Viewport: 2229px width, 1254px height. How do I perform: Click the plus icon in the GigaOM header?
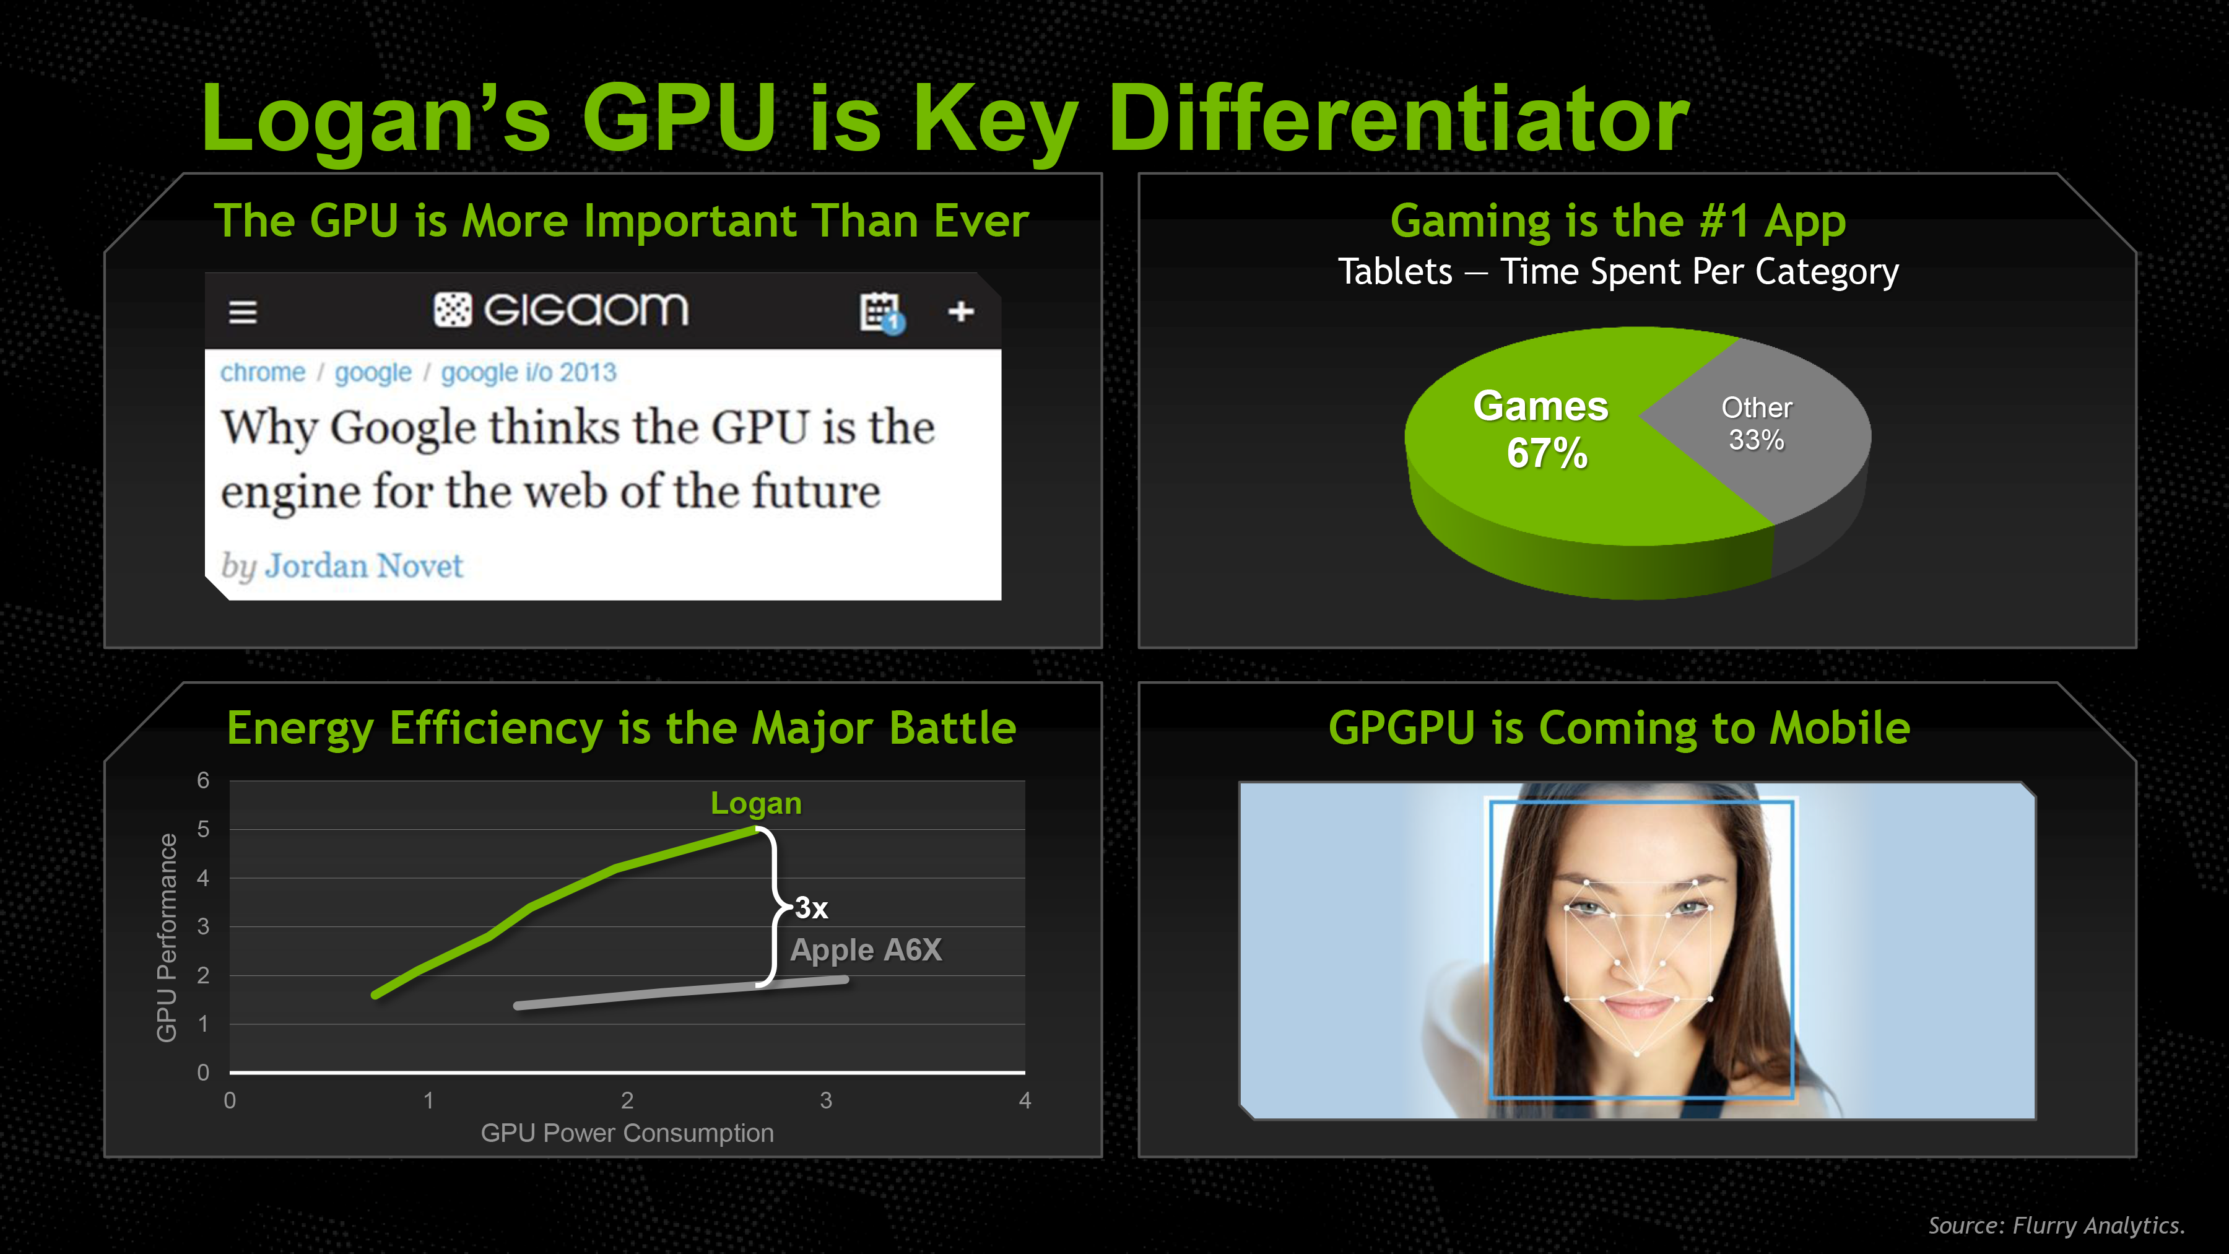pyautogui.click(x=960, y=311)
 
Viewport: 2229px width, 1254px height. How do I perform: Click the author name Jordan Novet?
pyautogui.click(x=364, y=565)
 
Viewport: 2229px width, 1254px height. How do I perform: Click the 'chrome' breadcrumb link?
pyautogui.click(x=262, y=372)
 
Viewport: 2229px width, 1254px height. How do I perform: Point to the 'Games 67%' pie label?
pyautogui.click(x=1542, y=429)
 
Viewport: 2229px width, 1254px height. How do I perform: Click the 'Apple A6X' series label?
pyautogui.click(x=866, y=950)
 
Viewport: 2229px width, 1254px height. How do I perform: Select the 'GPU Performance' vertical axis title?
pyautogui.click(x=166, y=938)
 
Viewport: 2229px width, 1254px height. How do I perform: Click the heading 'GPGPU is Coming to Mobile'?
pyautogui.click(x=1619, y=728)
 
